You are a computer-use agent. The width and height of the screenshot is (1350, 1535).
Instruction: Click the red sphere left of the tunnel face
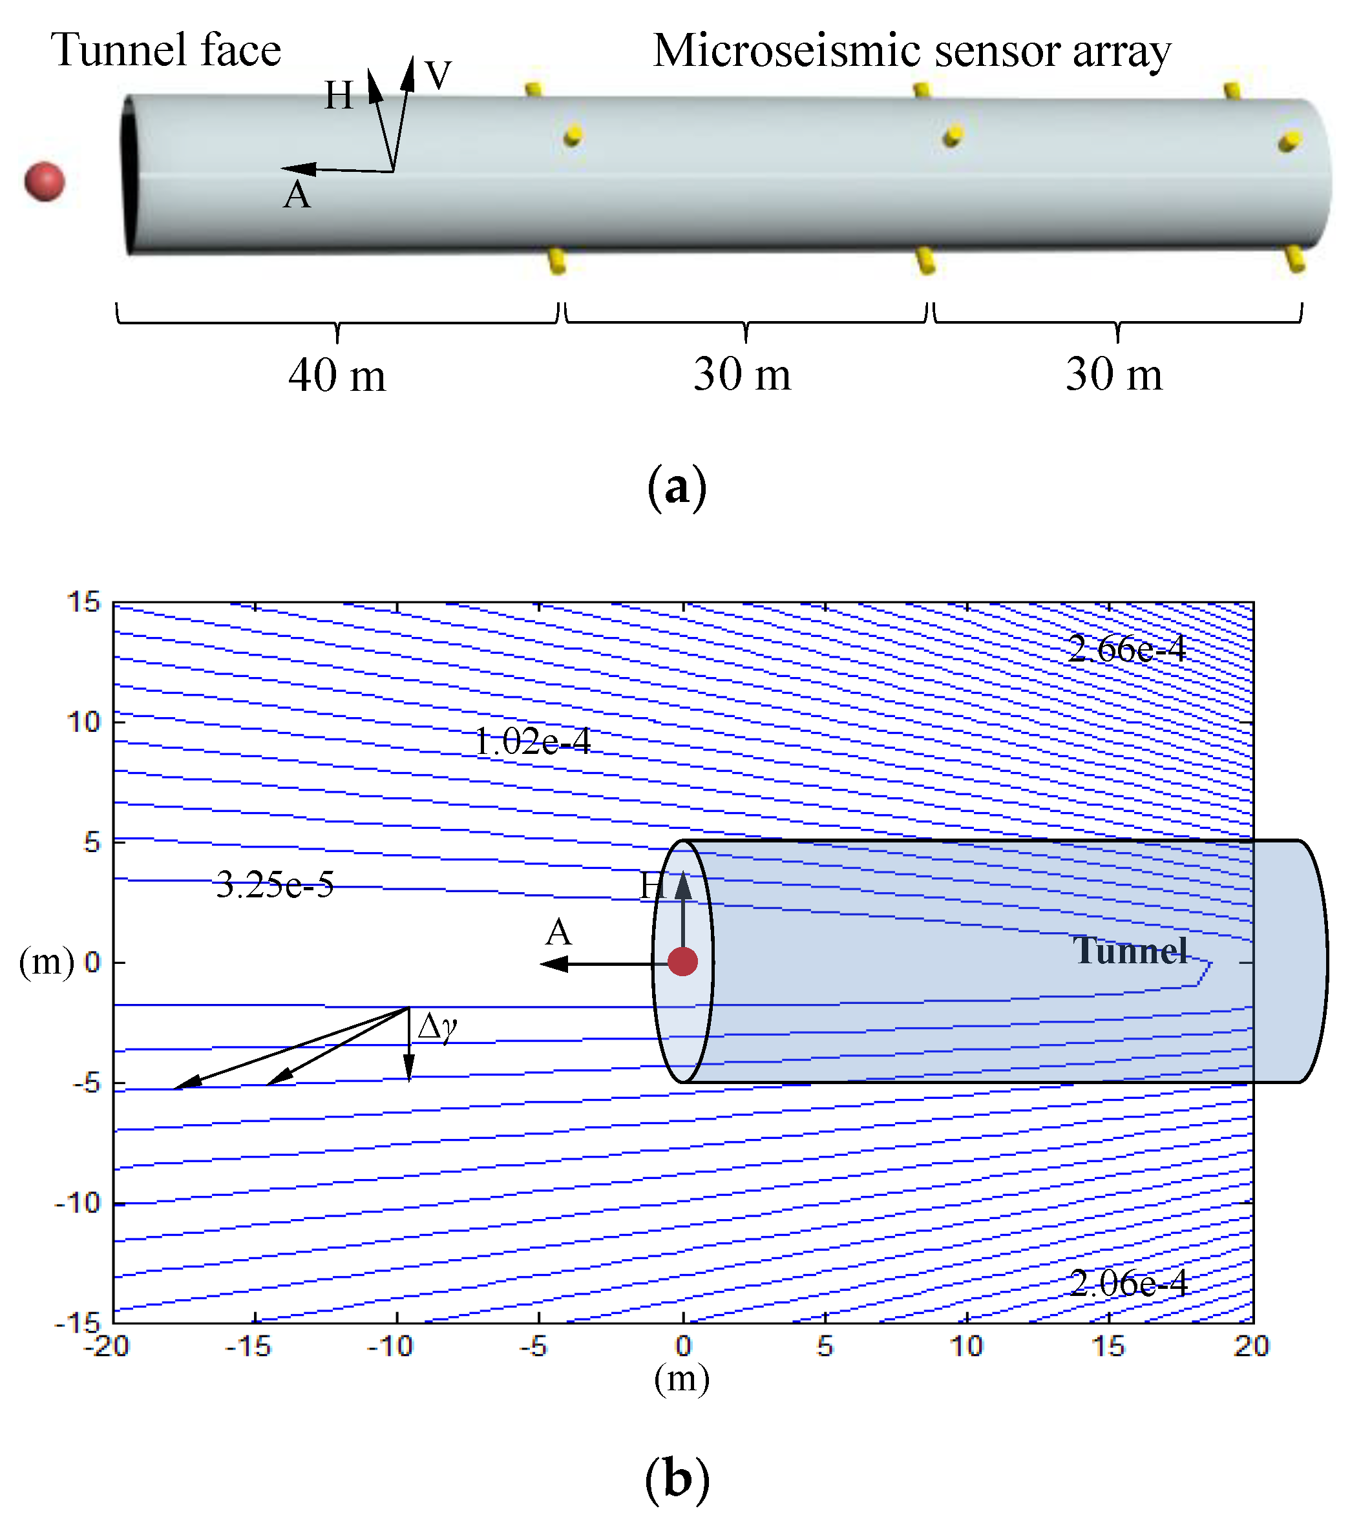pyautogui.click(x=45, y=182)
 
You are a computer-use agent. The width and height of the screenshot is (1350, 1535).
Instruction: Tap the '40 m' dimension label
pyautogui.click(x=337, y=375)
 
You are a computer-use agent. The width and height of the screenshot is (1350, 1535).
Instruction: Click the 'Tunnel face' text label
pyautogui.click(x=165, y=50)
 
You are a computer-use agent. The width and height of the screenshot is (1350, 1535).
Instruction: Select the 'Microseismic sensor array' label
pyautogui.click(x=911, y=51)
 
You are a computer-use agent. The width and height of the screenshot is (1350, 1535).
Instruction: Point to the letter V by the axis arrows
pyautogui.click(x=438, y=75)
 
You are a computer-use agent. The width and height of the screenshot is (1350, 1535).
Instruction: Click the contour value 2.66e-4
pyautogui.click(x=1126, y=649)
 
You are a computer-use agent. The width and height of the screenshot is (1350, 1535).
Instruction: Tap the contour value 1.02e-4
pyautogui.click(x=532, y=742)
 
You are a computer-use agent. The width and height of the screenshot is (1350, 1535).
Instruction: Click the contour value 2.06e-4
pyautogui.click(x=1128, y=1284)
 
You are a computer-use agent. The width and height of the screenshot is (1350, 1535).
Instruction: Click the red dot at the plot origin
pyautogui.click(x=682, y=961)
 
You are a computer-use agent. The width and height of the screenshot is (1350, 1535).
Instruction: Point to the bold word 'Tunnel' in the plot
pyautogui.click(x=1130, y=951)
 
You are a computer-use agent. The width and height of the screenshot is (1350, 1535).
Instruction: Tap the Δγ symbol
pyautogui.click(x=438, y=1026)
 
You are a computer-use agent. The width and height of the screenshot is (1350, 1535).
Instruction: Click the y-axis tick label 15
pyautogui.click(x=83, y=602)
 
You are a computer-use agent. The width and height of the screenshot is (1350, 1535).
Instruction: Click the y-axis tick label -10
pyautogui.click(x=78, y=1203)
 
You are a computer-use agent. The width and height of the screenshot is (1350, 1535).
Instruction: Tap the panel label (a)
pyautogui.click(x=676, y=487)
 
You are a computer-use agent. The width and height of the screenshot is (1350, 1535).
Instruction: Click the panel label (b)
pyautogui.click(x=676, y=1480)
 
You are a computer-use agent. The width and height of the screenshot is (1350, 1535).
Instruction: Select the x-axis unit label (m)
pyautogui.click(x=681, y=1379)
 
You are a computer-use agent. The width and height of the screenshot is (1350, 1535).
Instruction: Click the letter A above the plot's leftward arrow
pyautogui.click(x=558, y=933)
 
